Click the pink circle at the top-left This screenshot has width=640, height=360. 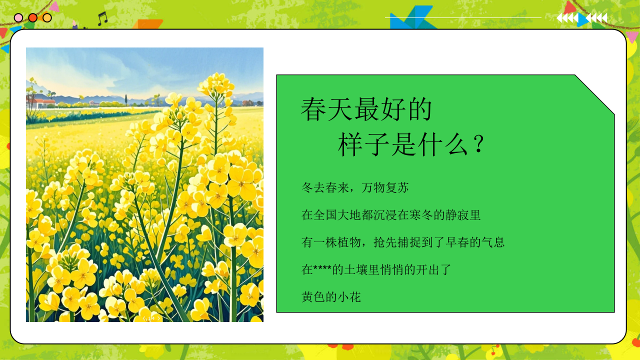pyautogui.click(x=18, y=18)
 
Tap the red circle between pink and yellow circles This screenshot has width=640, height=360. pyautogui.click(x=32, y=18)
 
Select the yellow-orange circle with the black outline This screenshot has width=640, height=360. pyautogui.click(x=47, y=18)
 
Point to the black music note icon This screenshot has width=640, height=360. pyautogui.click(x=102, y=19)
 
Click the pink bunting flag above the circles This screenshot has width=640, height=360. pyautogui.click(x=54, y=6)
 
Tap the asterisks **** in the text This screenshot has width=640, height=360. pyautogui.click(x=322, y=270)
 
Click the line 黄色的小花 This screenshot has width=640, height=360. pyautogui.click(x=331, y=297)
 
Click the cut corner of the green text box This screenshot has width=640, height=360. pyautogui.click(x=595, y=94)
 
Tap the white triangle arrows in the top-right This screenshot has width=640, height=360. pyautogui.click(x=582, y=18)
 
